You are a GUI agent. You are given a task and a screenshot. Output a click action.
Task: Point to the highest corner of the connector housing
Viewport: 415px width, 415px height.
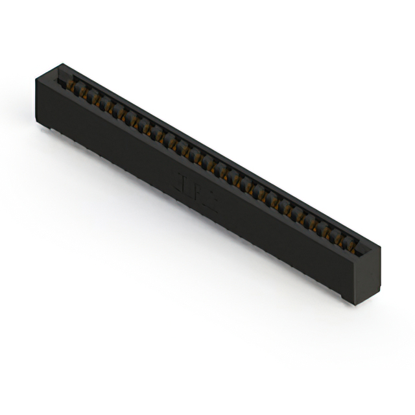pos(62,64)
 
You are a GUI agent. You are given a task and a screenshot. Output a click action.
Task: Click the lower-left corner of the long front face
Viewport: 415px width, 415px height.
pos(39,124)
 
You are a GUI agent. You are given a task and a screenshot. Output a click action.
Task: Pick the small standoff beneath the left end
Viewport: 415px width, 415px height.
pos(45,128)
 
